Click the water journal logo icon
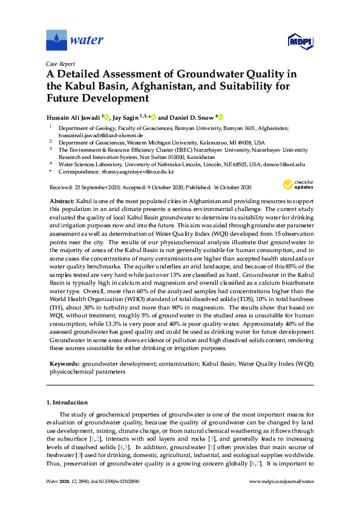56,41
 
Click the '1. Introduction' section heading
71,402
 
